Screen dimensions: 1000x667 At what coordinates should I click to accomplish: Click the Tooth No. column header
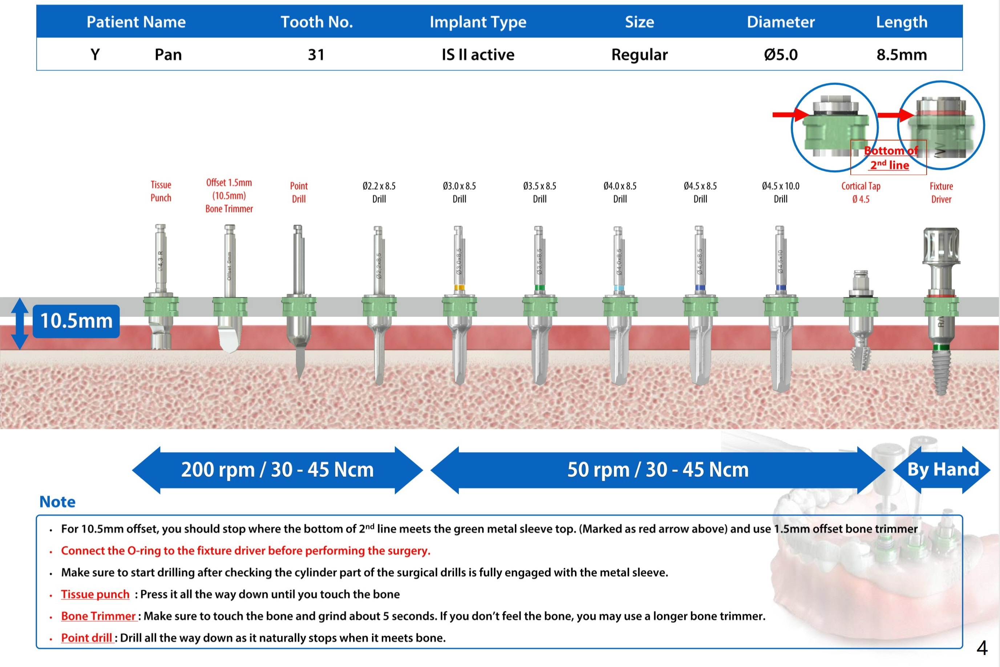coord(317,22)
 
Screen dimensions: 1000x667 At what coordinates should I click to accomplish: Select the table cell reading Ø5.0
coord(781,55)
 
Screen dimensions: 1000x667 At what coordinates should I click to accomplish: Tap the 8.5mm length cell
coord(902,55)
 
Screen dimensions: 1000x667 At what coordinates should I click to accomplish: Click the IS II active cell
coord(478,55)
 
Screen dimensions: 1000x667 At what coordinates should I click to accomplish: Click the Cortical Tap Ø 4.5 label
coord(861,193)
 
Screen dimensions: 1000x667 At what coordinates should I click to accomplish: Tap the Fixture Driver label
coord(941,193)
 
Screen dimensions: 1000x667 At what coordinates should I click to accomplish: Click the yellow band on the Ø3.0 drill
coord(459,288)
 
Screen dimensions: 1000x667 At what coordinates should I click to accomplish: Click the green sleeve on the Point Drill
coord(299,306)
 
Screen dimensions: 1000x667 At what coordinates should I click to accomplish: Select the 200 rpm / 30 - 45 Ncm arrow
coord(278,470)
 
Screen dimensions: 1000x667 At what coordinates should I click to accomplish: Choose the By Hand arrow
coord(942,470)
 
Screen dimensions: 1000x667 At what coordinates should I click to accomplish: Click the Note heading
coord(57,502)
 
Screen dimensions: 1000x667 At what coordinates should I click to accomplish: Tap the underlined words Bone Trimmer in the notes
coord(98,616)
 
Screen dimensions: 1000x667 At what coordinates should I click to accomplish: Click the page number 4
coord(982,648)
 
